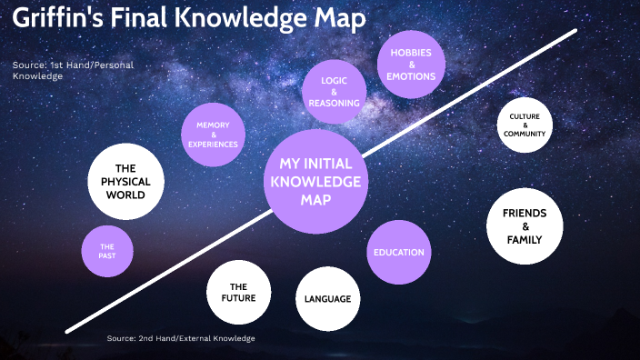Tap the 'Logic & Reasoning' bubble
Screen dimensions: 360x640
(x=334, y=92)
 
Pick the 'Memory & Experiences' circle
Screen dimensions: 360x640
(x=213, y=135)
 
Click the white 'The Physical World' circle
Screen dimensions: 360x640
(x=125, y=181)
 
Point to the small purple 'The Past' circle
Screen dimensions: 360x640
(x=107, y=251)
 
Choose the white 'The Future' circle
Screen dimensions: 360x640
(x=237, y=292)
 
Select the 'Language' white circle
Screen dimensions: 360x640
(x=327, y=298)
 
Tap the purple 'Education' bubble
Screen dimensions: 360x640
(x=398, y=252)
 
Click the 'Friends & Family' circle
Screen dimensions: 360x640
(x=525, y=226)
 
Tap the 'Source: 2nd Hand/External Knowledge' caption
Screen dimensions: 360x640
(x=181, y=338)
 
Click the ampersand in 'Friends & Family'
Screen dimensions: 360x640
(x=525, y=226)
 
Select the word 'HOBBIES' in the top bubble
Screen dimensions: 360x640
(x=411, y=52)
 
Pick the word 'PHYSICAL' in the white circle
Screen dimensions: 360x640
(x=125, y=181)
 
